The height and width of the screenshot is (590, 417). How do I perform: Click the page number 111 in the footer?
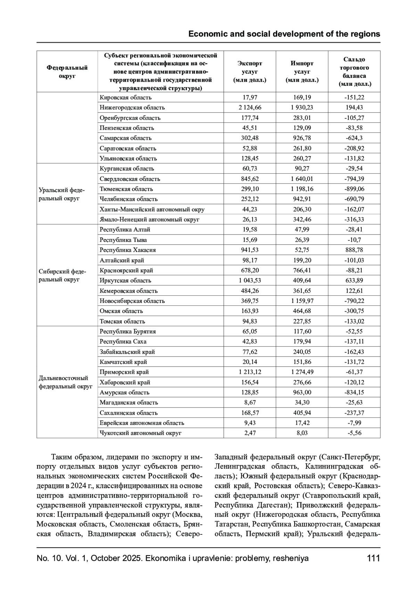[373, 558]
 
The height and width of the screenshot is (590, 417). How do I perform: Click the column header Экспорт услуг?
[250, 72]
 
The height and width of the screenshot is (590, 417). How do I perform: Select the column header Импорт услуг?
[302, 72]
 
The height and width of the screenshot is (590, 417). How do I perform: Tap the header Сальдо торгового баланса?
[354, 72]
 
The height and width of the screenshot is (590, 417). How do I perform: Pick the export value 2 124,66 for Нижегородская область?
[250, 108]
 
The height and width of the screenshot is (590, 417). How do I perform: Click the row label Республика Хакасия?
[128, 250]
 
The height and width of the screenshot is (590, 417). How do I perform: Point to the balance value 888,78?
[354, 250]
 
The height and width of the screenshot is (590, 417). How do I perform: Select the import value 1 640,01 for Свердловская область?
[302, 179]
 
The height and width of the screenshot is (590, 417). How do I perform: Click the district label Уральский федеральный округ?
[62, 194]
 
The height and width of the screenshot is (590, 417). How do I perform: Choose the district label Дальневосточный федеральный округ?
[65, 382]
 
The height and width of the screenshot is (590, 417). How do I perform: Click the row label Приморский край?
[124, 372]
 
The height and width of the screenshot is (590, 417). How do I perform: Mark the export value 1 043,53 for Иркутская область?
[250, 280]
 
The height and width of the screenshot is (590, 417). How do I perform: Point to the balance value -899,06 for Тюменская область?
[354, 189]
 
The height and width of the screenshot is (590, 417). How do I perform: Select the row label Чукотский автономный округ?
[140, 433]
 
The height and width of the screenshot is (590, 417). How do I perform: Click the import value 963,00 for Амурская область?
[302, 392]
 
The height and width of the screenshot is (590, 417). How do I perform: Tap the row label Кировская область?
[125, 98]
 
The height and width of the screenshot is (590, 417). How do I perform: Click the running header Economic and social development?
[284, 34]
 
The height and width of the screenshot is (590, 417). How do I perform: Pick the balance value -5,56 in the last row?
[354, 433]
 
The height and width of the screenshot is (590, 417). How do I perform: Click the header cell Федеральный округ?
[67, 72]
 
